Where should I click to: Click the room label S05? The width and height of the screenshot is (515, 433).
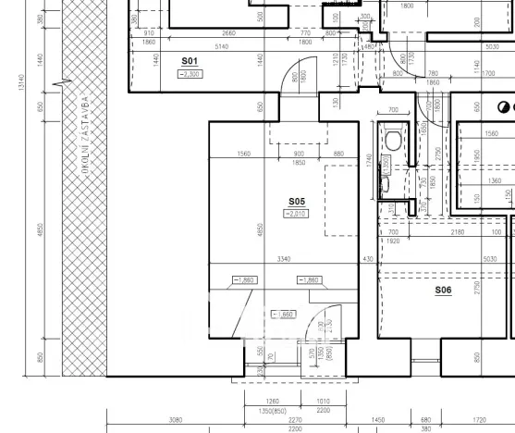296,201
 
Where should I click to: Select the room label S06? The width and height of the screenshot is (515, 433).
443,291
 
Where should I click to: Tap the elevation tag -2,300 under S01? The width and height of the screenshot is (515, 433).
192,73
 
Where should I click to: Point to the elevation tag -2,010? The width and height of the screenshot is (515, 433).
296,214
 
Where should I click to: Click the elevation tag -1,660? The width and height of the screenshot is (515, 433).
283,315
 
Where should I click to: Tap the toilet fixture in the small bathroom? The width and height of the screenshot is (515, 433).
394,140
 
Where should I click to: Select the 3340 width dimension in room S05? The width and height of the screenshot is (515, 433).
285,260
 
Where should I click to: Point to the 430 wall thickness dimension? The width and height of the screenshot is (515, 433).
369,260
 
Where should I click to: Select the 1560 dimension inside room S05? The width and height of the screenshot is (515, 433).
243,154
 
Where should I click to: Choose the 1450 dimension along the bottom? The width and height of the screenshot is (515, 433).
378,419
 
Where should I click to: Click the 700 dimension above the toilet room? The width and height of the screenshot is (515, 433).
392,110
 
